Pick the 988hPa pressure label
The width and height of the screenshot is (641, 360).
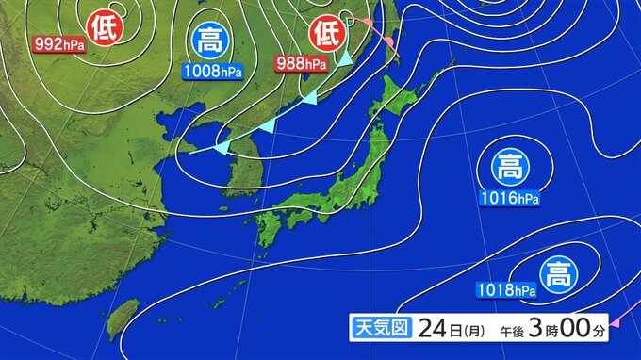pos(302,64)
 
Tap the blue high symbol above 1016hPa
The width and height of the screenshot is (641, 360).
pos(510,170)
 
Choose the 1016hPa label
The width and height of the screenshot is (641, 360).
pos(510,200)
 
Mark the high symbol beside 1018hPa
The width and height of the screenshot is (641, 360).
pos(557,276)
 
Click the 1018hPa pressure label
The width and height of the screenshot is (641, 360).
pos(506,289)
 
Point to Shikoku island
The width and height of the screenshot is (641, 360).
pos(301,220)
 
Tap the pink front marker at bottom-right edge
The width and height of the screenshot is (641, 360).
pos(615,325)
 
